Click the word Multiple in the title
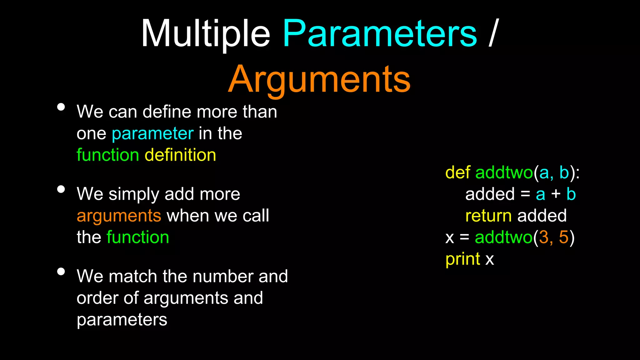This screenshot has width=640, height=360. pos(205,33)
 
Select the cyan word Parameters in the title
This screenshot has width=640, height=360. pos(380,33)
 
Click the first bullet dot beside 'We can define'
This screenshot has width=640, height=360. pos(61,107)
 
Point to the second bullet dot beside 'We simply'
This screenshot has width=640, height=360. pos(61,189)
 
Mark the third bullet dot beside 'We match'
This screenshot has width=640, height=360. pos(61,272)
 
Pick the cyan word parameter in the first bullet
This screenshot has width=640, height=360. pos(153,134)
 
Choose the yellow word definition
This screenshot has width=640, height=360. pos(180,155)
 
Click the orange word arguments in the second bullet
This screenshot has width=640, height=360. pos(119,216)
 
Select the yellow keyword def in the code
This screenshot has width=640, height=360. pos(458,172)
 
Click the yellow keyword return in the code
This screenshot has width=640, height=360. pos(488,216)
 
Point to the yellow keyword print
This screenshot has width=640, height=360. pos(462,259)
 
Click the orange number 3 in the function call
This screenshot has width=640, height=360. pos(544,237)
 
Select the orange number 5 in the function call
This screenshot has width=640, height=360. pos(563,237)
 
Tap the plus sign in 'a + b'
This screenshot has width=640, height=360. pos(556,194)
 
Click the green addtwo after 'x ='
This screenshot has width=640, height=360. pos(503,237)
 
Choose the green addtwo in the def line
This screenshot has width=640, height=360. pos(504,172)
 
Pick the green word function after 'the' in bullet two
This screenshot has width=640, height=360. pos(138,237)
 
